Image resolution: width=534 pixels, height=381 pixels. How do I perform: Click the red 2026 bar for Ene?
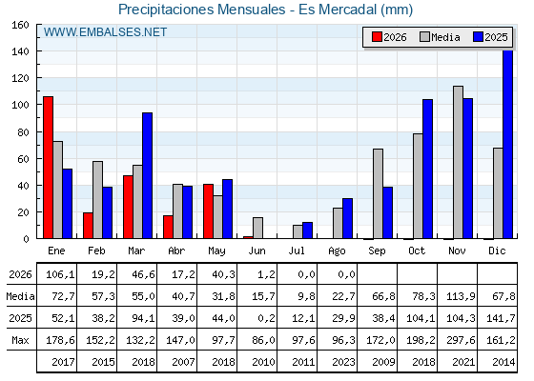[x=48, y=168]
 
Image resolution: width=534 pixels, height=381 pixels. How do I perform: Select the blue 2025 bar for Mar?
[x=147, y=175]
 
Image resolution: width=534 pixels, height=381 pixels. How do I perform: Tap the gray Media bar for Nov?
[x=458, y=162]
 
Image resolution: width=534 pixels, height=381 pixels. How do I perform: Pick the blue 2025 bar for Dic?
[x=507, y=144]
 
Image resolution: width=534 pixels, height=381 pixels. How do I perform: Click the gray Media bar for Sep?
[x=378, y=193]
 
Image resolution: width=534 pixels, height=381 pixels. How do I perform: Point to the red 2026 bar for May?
[x=209, y=211]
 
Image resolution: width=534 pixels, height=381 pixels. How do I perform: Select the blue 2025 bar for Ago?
[x=347, y=218]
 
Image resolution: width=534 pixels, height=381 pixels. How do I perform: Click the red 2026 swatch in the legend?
[x=377, y=37]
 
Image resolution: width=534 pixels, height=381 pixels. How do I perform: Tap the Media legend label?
[x=445, y=37]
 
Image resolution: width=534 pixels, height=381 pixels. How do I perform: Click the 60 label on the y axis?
[x=23, y=159]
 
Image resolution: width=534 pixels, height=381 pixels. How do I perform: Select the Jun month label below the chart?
[x=257, y=251]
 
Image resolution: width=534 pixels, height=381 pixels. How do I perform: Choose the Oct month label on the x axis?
[x=417, y=251]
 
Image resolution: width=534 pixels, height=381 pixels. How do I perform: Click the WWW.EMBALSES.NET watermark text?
[x=105, y=32]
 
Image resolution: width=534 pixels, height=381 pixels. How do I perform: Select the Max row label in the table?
[x=20, y=340]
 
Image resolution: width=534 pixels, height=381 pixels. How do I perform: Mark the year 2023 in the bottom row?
[x=343, y=362]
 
